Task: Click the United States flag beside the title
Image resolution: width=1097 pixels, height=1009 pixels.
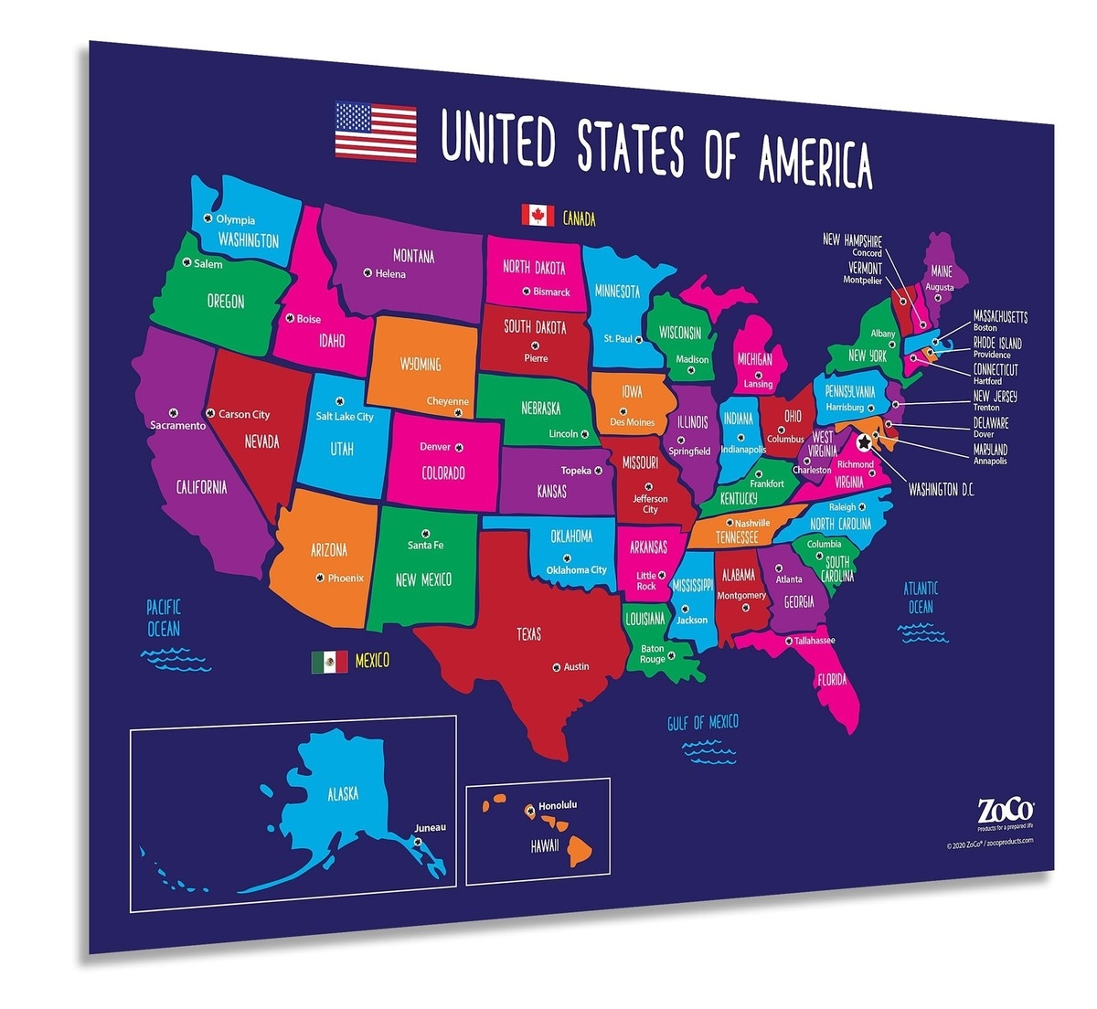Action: pyautogui.click(x=375, y=132)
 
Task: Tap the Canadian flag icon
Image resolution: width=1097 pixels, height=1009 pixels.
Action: pyautogui.click(x=538, y=215)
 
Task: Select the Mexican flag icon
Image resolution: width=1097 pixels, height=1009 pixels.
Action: pyautogui.click(x=329, y=661)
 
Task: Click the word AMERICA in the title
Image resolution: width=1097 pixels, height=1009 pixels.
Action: pyautogui.click(x=815, y=160)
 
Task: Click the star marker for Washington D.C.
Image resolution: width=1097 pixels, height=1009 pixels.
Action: pyautogui.click(x=864, y=443)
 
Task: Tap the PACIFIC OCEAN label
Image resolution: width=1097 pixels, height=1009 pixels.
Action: pyautogui.click(x=164, y=618)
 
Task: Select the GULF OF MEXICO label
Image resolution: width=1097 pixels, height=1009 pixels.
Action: pyautogui.click(x=702, y=723)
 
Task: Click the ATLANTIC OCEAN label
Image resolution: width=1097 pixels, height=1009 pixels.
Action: pyautogui.click(x=921, y=598)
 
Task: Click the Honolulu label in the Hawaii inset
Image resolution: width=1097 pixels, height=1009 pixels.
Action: pyautogui.click(x=558, y=805)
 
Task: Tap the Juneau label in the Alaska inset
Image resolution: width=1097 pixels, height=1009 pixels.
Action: pyautogui.click(x=430, y=827)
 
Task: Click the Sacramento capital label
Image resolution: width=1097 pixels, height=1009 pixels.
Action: pyautogui.click(x=178, y=426)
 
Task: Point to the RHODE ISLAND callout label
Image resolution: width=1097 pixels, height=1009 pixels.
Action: pyautogui.click(x=997, y=344)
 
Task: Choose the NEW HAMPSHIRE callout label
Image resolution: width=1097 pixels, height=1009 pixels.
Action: pyautogui.click(x=852, y=240)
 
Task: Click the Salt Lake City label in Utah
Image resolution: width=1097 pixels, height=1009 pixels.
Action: pyautogui.click(x=345, y=417)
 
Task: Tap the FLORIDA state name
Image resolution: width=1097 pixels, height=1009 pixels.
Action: pyautogui.click(x=832, y=680)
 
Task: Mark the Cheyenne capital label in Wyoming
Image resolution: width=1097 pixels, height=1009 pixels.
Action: pyautogui.click(x=447, y=401)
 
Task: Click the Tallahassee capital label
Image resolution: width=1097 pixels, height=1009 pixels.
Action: pyautogui.click(x=814, y=641)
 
